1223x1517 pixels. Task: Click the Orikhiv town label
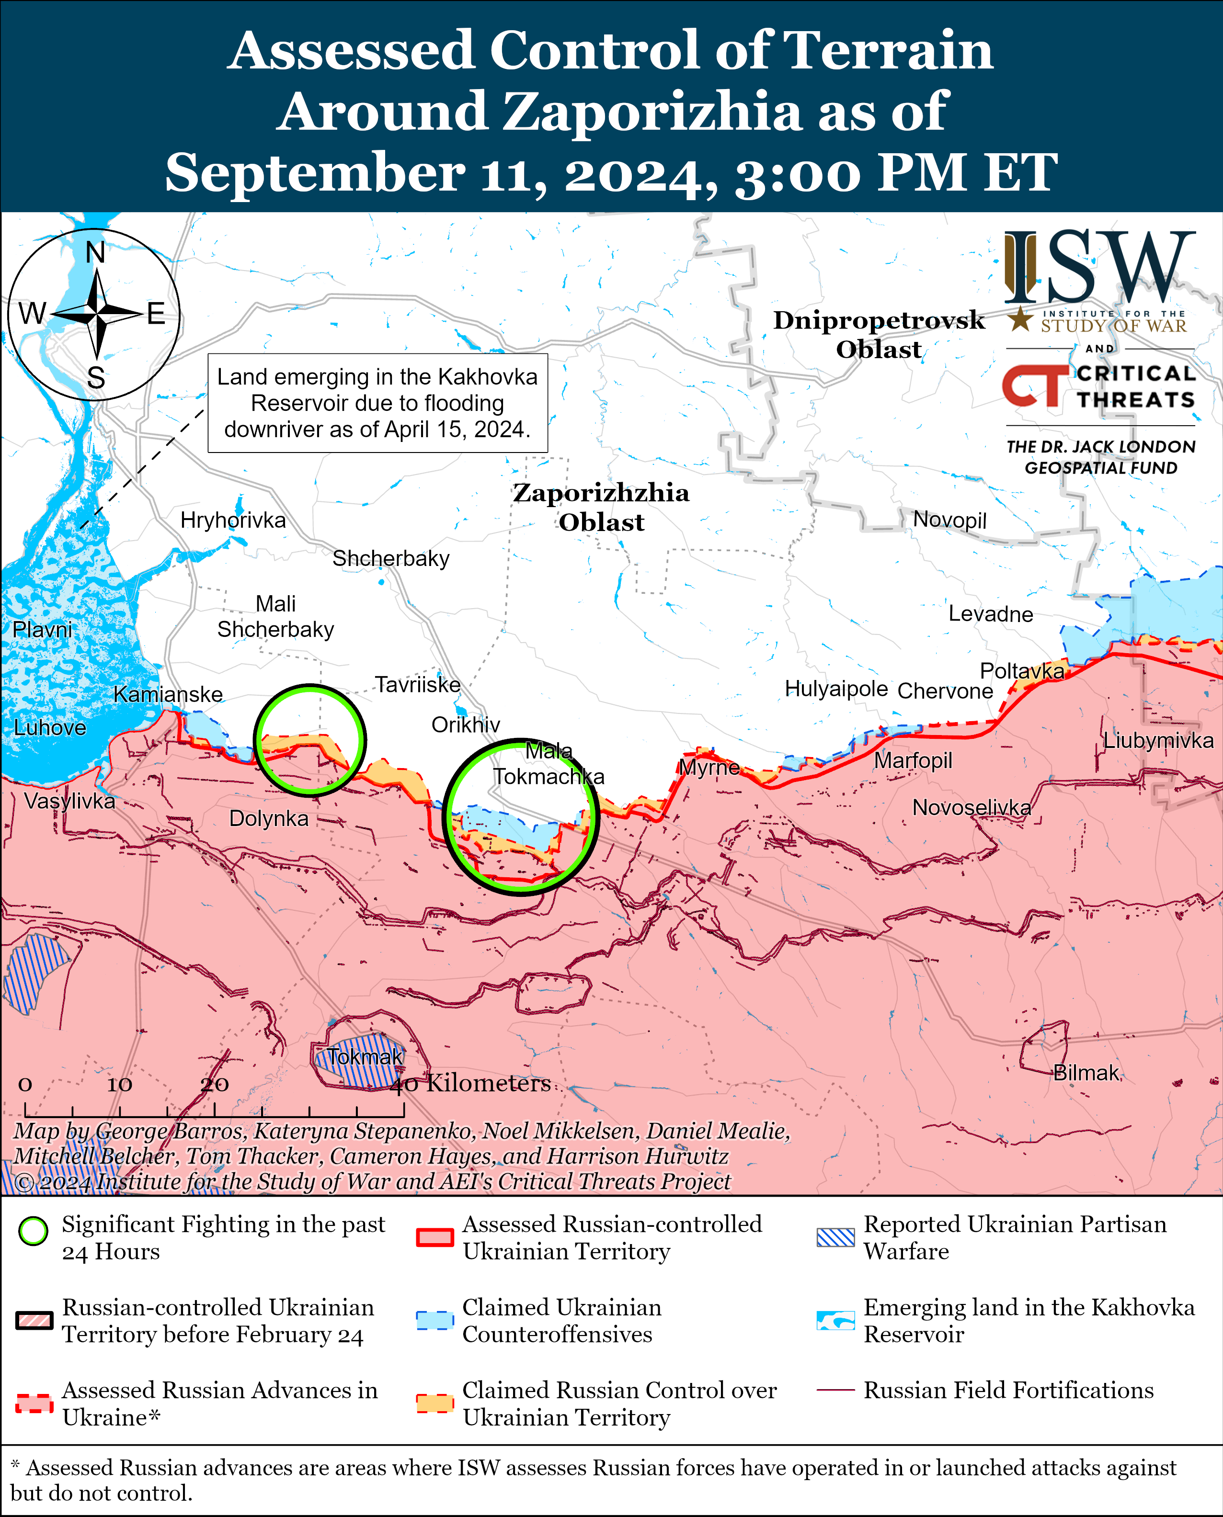point(466,725)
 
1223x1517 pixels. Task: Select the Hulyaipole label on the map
point(836,688)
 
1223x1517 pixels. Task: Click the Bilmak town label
point(1086,1073)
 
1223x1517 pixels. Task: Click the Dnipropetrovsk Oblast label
point(879,335)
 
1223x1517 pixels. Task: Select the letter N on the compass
point(95,252)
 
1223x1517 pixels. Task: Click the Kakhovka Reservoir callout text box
point(377,403)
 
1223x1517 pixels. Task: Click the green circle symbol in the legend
point(33,1231)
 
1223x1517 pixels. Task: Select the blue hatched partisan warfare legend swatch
point(835,1237)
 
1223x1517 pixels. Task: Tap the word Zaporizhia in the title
point(655,111)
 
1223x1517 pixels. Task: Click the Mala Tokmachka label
point(548,763)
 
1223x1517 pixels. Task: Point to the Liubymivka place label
point(1158,740)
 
